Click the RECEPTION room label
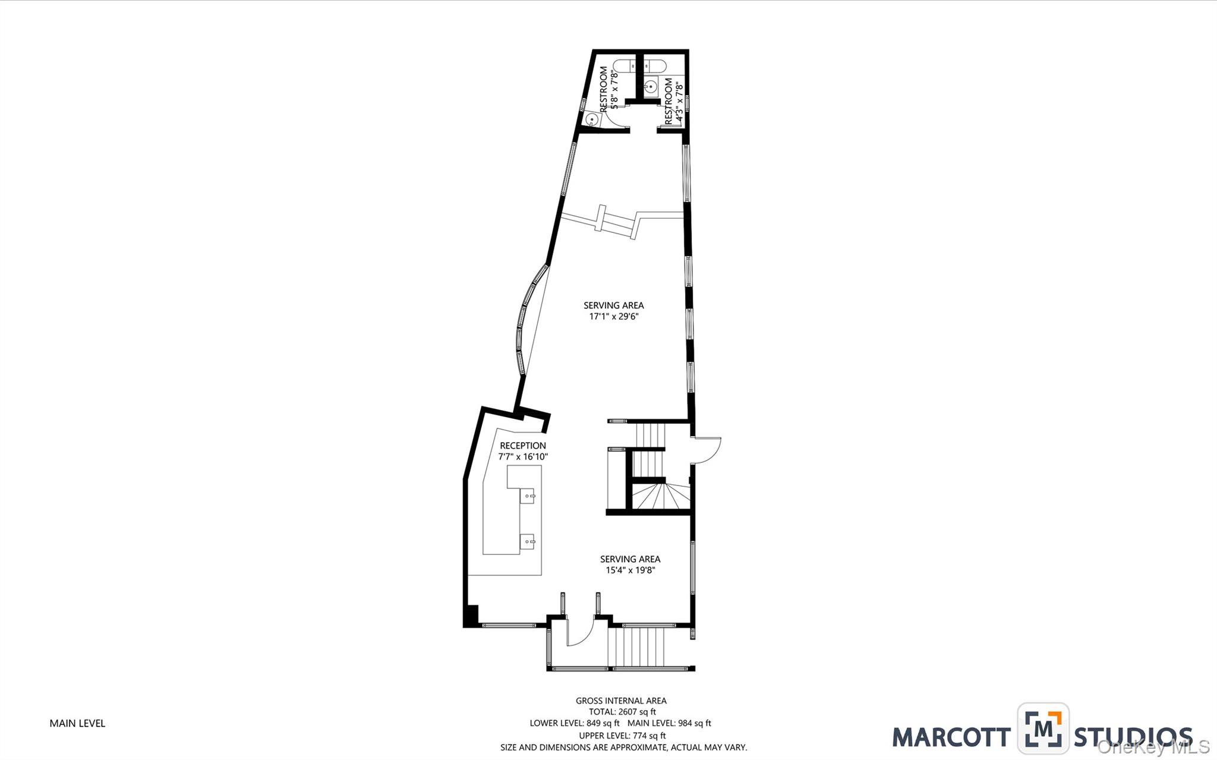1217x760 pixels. [522, 446]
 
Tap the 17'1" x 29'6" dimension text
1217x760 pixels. [613, 317]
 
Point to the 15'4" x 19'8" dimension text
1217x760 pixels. [630, 570]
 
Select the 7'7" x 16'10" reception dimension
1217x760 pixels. [522, 457]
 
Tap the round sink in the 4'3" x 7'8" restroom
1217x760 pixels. [651, 87]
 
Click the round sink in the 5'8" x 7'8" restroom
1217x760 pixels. [592, 119]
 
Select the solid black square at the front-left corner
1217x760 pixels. [471, 615]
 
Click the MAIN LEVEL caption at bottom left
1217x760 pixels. [77, 723]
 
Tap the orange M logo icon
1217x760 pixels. [1043, 728]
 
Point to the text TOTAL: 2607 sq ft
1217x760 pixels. [622, 712]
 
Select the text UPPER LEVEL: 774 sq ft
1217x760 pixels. [622, 736]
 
